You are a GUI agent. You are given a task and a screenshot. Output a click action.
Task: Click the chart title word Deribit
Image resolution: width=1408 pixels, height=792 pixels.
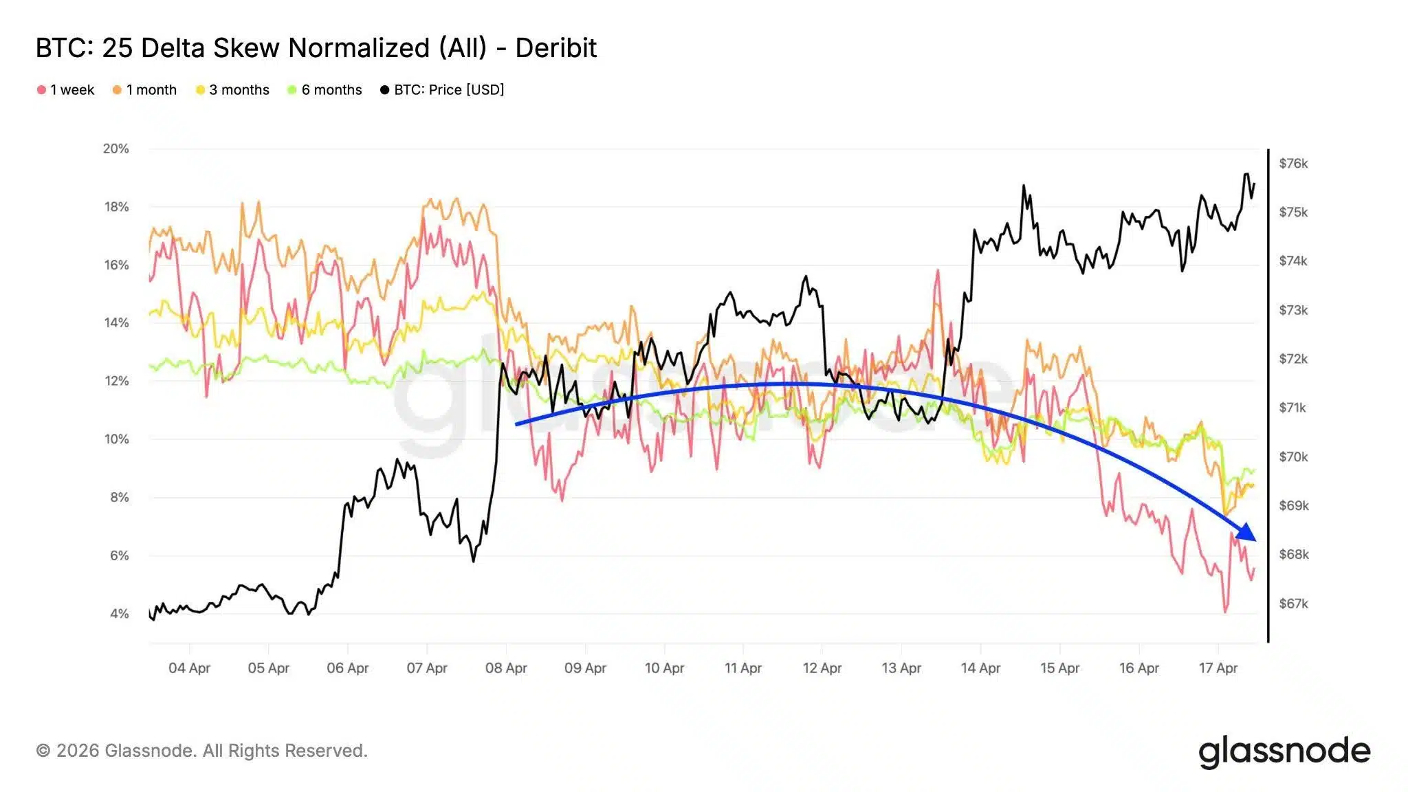pyautogui.click(x=555, y=48)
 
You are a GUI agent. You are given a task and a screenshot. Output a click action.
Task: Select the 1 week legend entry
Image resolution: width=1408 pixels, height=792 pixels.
pyautogui.click(x=66, y=90)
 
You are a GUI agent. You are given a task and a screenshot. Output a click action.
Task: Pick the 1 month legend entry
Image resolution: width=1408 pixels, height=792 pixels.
pyautogui.click(x=145, y=90)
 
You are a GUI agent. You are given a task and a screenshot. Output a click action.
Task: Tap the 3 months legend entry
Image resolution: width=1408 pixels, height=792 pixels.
pyautogui.click(x=233, y=90)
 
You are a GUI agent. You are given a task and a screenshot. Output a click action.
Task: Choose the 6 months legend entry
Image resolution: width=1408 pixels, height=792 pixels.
pyautogui.click(x=325, y=90)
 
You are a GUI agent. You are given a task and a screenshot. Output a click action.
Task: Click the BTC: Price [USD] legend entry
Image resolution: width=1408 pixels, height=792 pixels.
pyautogui.click(x=442, y=90)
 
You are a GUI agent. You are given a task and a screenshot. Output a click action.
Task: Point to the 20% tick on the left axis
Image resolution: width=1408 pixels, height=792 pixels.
pyautogui.click(x=116, y=148)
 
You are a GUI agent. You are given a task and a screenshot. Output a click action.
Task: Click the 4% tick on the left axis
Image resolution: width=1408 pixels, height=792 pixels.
pyautogui.click(x=119, y=613)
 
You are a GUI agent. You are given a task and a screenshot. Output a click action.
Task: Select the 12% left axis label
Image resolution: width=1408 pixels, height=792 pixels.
pyautogui.click(x=116, y=381)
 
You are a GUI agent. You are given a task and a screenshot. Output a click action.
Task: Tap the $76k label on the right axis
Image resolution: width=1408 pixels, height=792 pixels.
pyautogui.click(x=1293, y=164)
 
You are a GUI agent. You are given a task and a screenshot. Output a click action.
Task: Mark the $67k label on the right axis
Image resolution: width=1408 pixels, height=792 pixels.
pyautogui.click(x=1293, y=604)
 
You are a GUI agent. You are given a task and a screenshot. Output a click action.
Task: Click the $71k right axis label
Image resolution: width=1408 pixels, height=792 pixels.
pyautogui.click(x=1292, y=408)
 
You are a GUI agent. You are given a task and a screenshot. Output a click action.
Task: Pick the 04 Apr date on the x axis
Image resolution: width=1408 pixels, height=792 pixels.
pyautogui.click(x=189, y=668)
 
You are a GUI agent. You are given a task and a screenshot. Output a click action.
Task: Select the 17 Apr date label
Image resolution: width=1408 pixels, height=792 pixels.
pyautogui.click(x=1218, y=668)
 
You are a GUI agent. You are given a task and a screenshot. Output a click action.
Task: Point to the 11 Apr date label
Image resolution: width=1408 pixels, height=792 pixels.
pyautogui.click(x=742, y=668)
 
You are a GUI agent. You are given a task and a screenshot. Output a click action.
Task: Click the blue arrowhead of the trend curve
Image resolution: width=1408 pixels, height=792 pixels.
pyautogui.click(x=1246, y=533)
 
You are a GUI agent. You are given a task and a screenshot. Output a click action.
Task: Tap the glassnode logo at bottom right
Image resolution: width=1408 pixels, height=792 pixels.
pyautogui.click(x=1284, y=751)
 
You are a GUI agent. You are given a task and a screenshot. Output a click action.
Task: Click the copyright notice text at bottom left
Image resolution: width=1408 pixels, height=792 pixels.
pyautogui.click(x=201, y=751)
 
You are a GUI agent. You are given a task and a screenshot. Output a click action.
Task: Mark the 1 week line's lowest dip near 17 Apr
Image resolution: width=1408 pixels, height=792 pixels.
pyautogui.click(x=1225, y=611)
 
